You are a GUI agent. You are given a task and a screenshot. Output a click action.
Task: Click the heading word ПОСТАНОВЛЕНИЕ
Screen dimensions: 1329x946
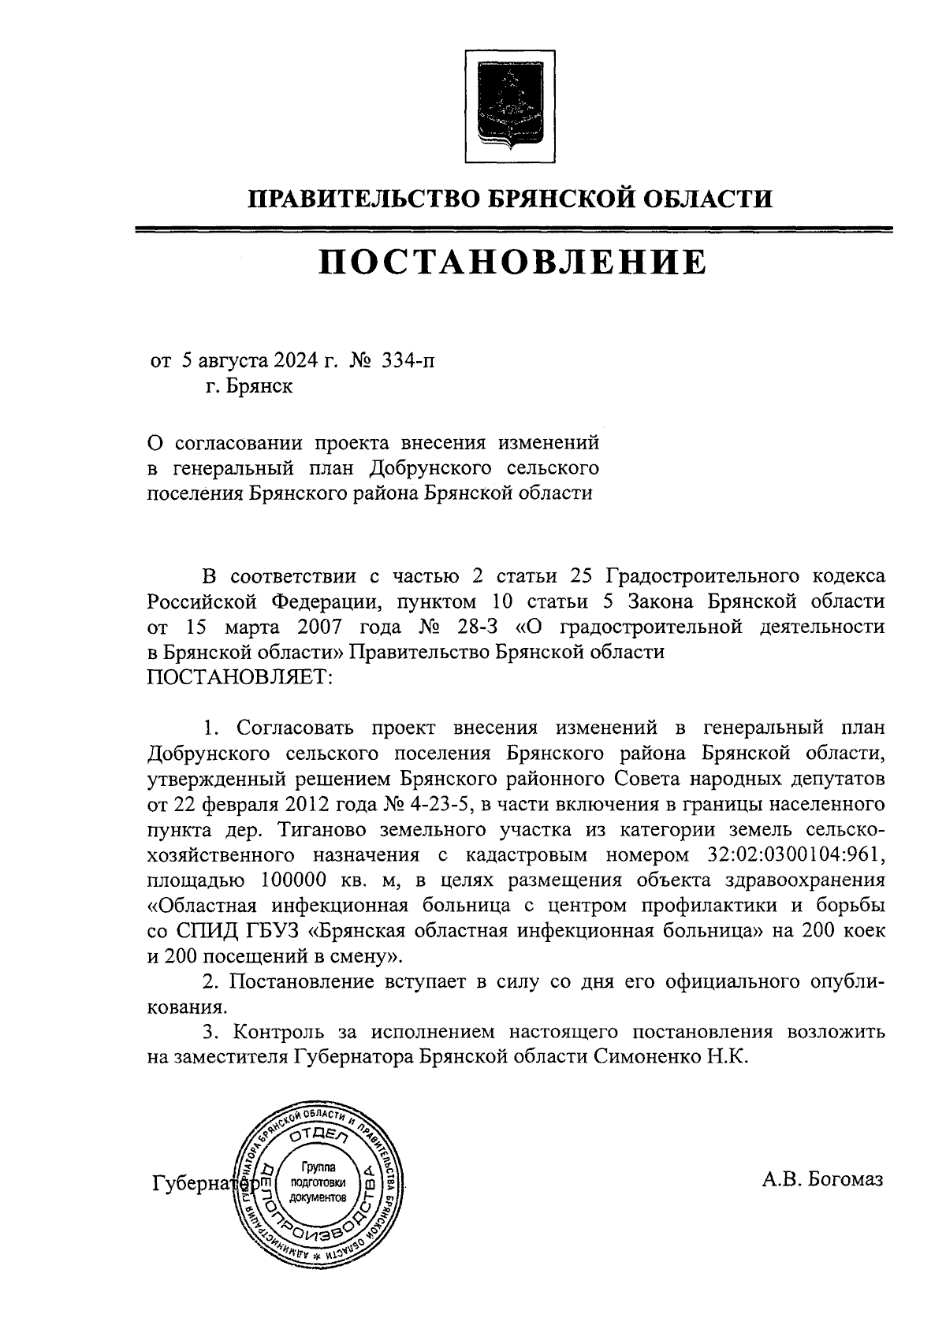click(x=512, y=262)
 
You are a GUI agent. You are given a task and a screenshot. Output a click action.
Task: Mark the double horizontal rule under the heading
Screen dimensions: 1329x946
click(x=512, y=229)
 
